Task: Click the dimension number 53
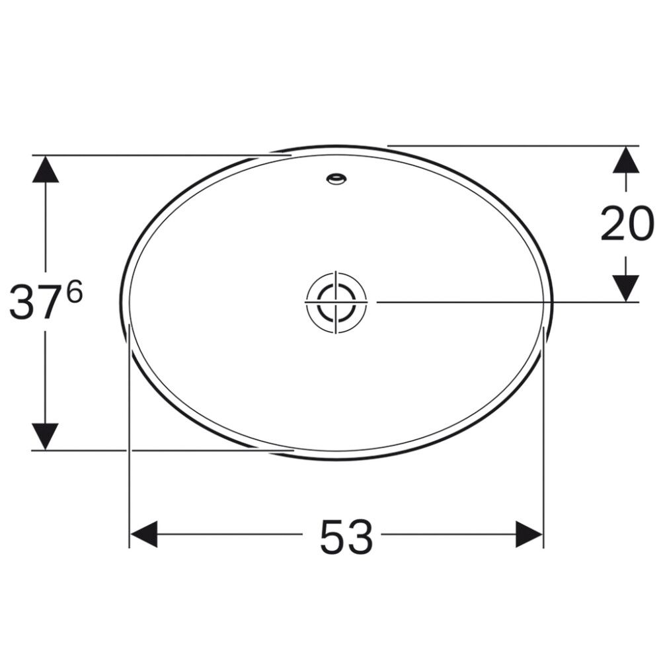[x=346, y=536]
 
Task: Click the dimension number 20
[x=627, y=225]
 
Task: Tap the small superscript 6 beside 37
[x=75, y=292]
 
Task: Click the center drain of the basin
[x=336, y=301]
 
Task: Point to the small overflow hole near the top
[x=336, y=178]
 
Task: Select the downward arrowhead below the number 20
[x=625, y=288]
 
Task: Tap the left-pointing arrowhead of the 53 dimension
[x=143, y=534]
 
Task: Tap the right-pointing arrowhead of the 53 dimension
[x=529, y=534]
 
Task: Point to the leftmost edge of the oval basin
[x=121, y=301]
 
